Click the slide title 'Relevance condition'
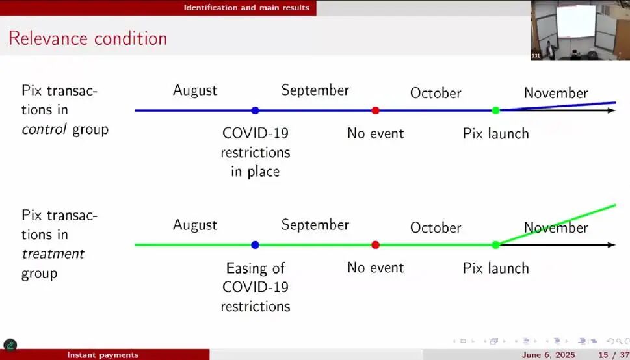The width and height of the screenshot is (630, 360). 88,38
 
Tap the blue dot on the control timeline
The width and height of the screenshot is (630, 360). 255,110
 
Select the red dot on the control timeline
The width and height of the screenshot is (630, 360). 375,110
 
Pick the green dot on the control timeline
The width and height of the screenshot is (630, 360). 495,110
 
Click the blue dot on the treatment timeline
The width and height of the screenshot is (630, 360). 255,245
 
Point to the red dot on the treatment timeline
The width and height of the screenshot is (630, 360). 375,245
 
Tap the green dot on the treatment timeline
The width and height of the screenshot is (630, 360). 495,245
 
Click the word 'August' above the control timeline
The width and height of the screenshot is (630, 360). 195,91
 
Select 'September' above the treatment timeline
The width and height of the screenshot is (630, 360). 315,225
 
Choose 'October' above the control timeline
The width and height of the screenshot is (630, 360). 436,93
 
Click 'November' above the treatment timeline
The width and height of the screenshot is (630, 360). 556,228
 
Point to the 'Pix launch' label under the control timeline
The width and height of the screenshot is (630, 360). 495,133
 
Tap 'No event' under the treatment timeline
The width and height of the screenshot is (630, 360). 375,268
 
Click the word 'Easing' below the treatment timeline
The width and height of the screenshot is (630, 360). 255,268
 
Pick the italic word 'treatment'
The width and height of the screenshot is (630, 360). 53,254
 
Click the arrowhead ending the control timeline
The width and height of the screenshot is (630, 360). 612,110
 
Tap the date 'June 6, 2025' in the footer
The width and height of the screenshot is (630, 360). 548,355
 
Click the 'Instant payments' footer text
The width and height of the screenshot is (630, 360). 103,355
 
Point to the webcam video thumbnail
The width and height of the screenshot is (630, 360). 580,30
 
